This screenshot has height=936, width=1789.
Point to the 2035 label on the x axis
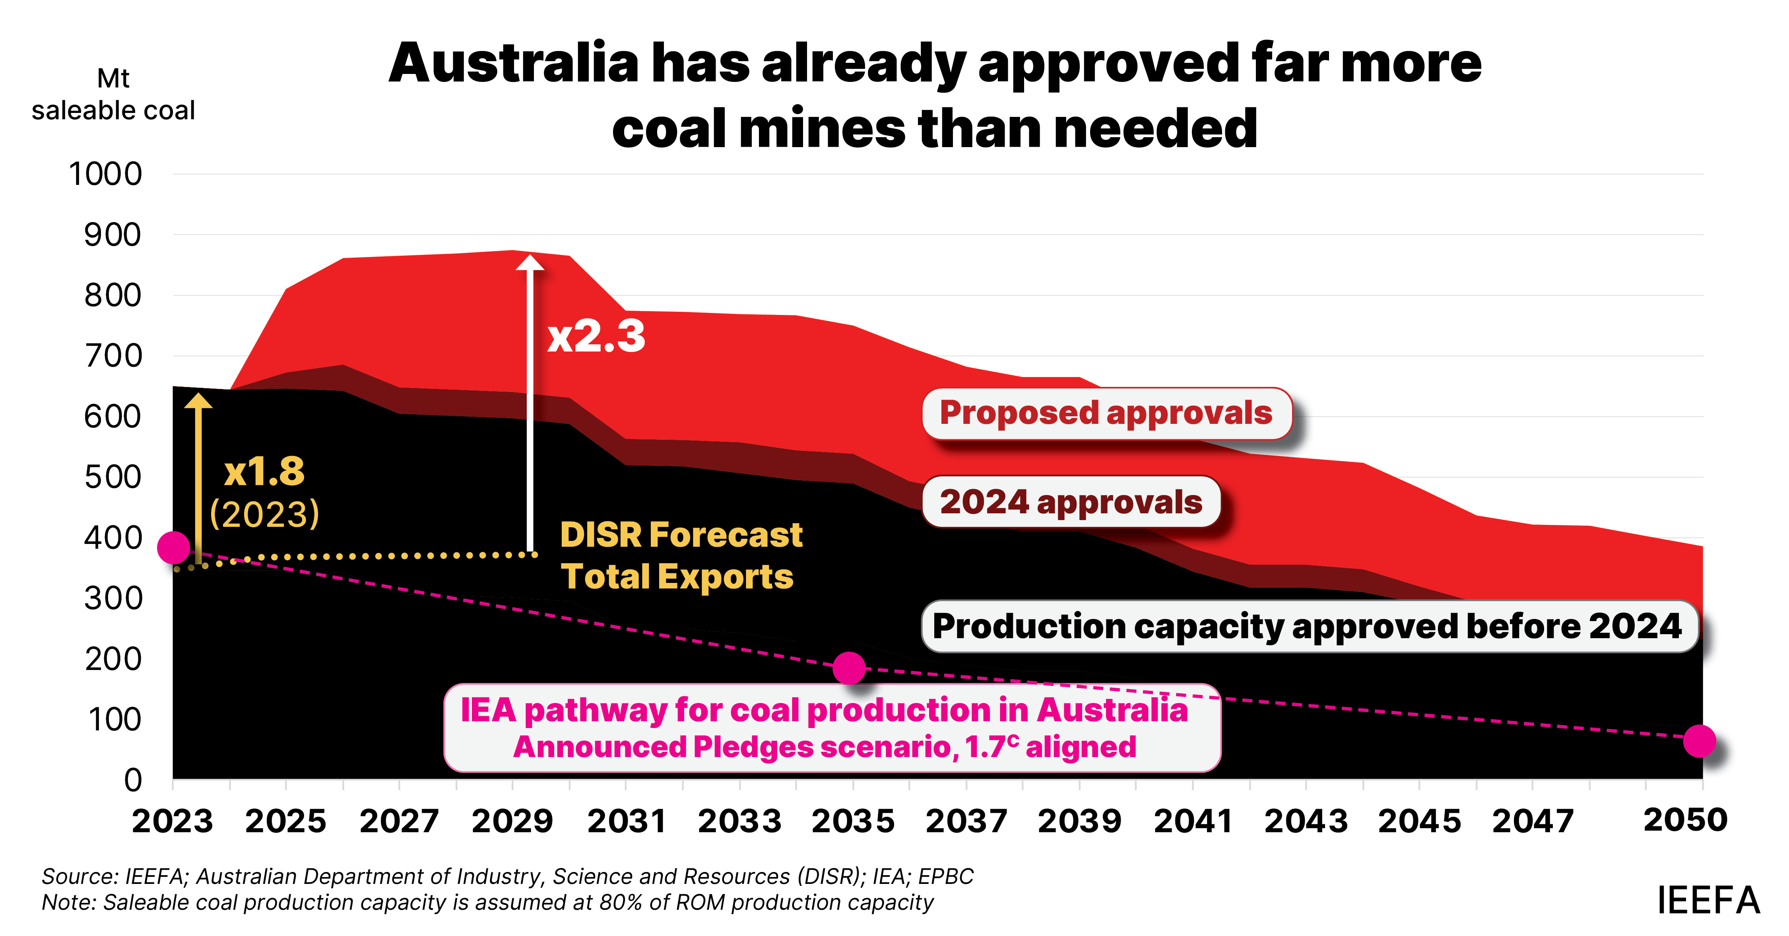[x=853, y=821]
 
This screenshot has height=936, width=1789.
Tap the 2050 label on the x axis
[x=1685, y=820]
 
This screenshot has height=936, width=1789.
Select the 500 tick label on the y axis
[x=113, y=477]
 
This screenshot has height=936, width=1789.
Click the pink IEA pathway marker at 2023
[x=174, y=548]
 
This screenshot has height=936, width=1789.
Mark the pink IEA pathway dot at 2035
[x=849, y=668]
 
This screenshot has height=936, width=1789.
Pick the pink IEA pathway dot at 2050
[x=1699, y=741]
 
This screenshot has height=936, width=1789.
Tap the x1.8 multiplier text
[x=264, y=472]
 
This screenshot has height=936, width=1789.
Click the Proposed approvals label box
[x=1106, y=413]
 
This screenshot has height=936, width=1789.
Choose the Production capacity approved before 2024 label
[x=1307, y=626]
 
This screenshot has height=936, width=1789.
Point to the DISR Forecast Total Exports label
[x=681, y=555]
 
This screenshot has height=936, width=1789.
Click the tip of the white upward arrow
[x=531, y=257]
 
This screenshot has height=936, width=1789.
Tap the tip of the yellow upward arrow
[x=199, y=396]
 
